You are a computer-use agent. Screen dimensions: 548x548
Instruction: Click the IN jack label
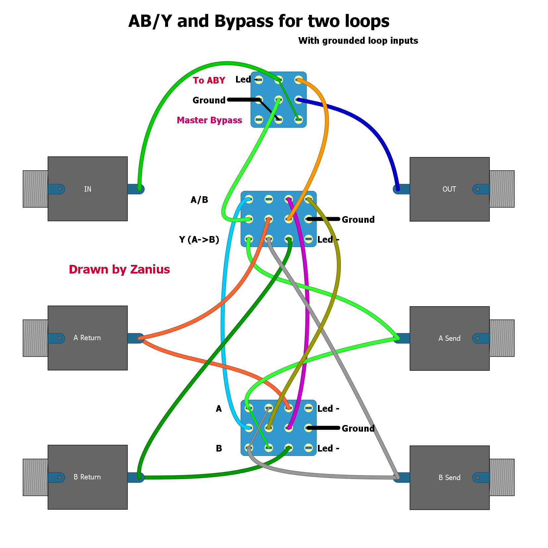[88, 189]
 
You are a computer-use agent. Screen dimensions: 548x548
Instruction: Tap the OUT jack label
[449, 189]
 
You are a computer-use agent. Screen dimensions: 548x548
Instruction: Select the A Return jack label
[87, 338]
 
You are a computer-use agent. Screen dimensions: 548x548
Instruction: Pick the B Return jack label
[87, 477]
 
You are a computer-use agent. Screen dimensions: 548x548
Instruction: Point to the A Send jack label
[449, 338]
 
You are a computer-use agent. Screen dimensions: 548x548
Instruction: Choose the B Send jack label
[449, 478]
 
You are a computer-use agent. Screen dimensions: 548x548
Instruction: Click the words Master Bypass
[209, 120]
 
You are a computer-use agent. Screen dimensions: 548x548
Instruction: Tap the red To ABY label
[209, 80]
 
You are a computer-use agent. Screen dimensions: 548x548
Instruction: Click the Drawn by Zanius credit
[119, 270]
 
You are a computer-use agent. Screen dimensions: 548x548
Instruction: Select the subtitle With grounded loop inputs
[358, 41]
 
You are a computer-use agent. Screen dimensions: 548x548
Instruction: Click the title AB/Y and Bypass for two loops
[259, 21]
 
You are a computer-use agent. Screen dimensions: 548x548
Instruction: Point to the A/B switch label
[199, 200]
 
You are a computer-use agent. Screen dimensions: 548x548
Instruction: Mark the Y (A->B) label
[199, 240]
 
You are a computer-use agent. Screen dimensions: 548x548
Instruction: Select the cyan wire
[223, 315]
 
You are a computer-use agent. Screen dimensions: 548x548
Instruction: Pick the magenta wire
[307, 315]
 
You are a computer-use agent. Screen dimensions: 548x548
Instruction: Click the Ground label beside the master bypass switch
[209, 100]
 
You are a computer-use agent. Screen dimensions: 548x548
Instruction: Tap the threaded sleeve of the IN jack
[35, 189]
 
